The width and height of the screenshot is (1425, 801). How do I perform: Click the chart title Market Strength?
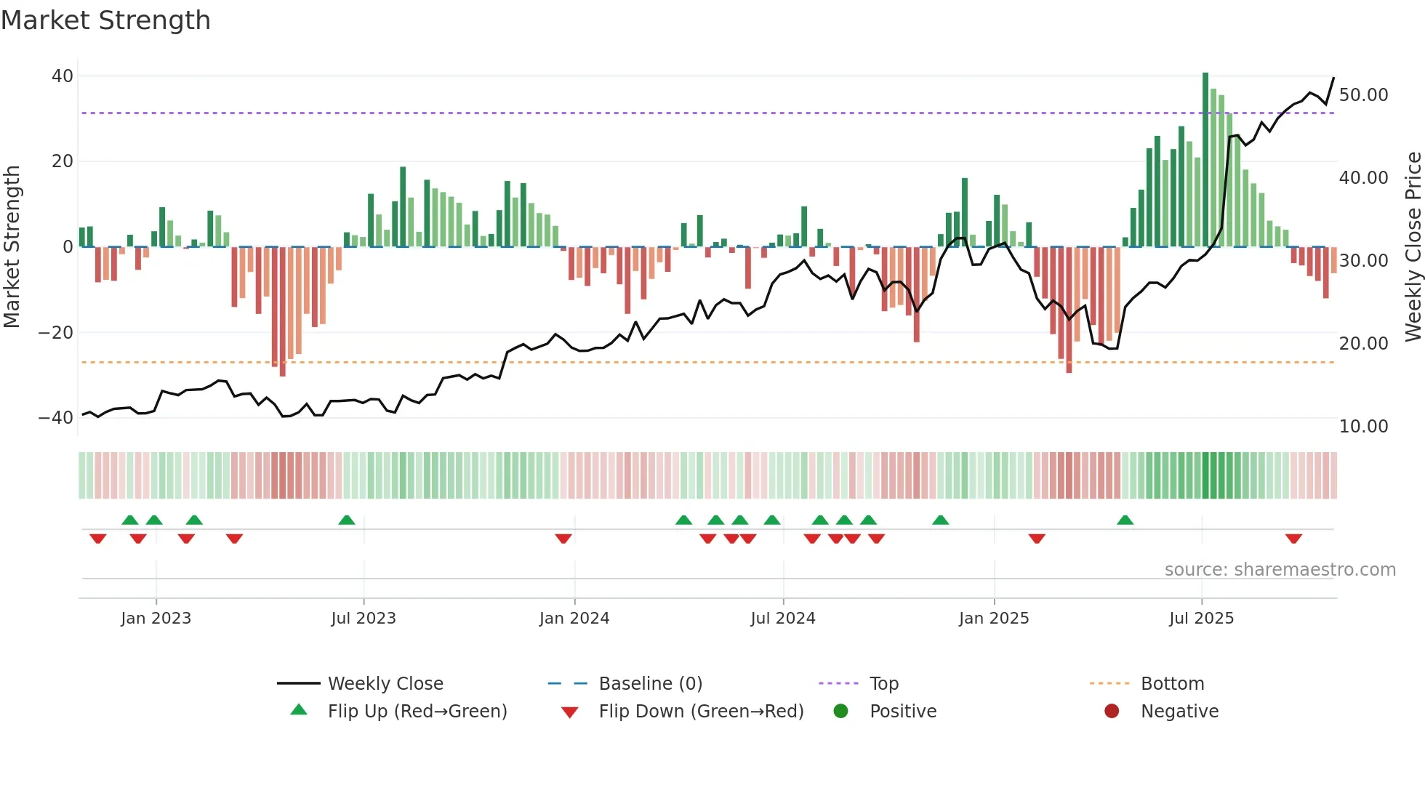click(x=105, y=20)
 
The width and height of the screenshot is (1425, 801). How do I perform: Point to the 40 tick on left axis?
click(x=63, y=76)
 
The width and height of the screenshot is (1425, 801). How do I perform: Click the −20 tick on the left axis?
click(x=56, y=333)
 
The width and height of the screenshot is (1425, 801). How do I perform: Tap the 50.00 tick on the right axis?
click(x=1363, y=95)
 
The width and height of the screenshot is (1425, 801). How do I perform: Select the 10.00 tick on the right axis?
click(x=1363, y=427)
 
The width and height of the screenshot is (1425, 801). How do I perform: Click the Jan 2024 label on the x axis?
click(x=574, y=619)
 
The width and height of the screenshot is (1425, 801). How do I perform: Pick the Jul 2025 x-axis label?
click(x=1201, y=619)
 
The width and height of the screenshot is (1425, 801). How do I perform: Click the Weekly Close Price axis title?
click(x=1413, y=247)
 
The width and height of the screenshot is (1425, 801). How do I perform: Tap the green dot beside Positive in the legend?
click(x=841, y=712)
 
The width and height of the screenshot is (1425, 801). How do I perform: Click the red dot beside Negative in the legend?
click(x=1112, y=712)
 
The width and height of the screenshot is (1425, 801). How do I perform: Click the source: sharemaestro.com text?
click(x=1280, y=570)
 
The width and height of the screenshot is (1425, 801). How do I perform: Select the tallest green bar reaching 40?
click(x=1205, y=160)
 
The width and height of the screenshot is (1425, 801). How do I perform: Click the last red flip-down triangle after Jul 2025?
click(x=1293, y=539)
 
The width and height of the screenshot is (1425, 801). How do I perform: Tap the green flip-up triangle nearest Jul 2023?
click(x=347, y=520)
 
